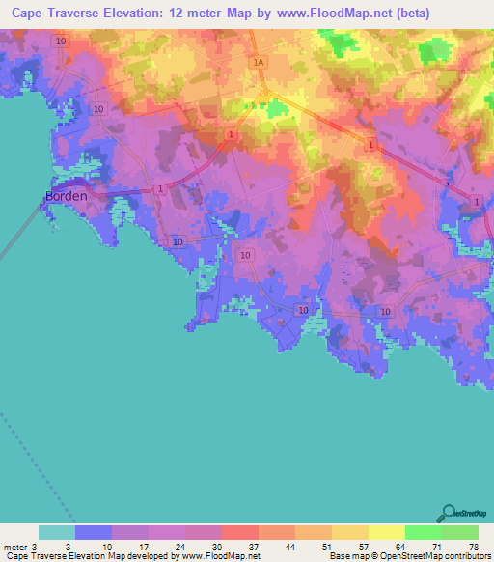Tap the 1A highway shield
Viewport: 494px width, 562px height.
tap(257, 63)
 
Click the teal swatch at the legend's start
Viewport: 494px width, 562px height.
tap(57, 532)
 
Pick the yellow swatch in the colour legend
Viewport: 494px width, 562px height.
tap(387, 532)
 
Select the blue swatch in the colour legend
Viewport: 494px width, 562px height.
tap(94, 532)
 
